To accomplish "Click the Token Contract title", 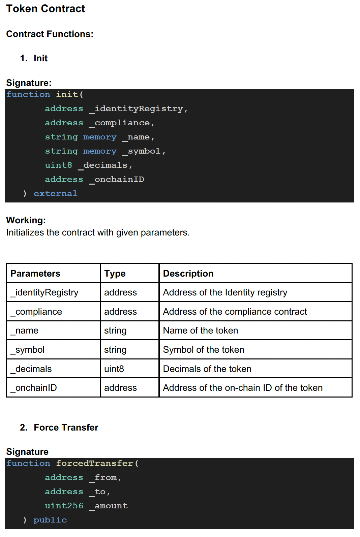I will (46, 9).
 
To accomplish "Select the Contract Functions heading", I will (50, 34).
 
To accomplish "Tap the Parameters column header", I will (35, 274).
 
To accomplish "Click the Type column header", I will (115, 274).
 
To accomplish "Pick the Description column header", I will (188, 274).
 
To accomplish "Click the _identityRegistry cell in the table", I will (44, 292).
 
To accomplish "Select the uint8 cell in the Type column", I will (114, 369).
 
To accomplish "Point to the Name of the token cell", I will (201, 330).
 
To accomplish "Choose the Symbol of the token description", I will (204, 350).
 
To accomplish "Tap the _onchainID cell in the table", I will (34, 388).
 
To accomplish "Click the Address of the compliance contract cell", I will (235, 312).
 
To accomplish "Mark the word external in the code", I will (55, 193).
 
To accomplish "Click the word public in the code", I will (50, 520).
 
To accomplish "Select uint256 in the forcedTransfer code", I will (64, 506).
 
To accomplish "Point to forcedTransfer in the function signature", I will (94, 463).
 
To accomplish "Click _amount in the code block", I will (108, 506).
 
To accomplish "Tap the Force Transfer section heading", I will (66, 428).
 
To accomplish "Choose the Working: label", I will (26, 220).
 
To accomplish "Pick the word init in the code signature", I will (67, 94).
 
